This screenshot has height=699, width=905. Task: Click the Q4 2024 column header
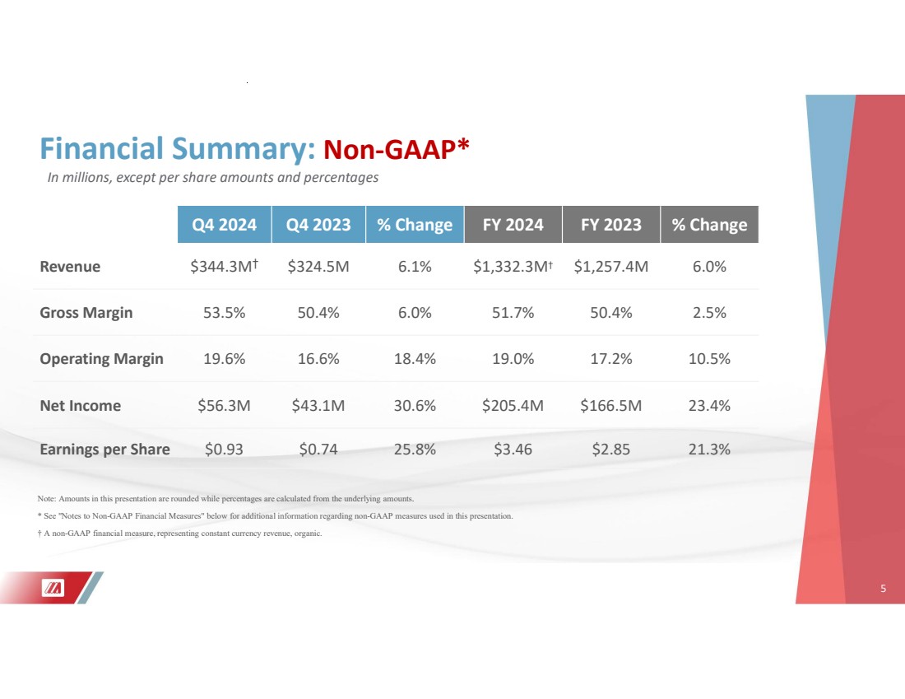click(x=225, y=225)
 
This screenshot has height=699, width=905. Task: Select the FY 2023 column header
click(x=610, y=225)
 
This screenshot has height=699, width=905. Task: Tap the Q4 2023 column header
click(x=318, y=225)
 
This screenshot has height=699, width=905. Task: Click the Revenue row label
click(x=70, y=267)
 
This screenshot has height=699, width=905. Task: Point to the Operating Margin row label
click(x=101, y=359)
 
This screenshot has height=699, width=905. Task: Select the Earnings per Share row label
click(x=104, y=450)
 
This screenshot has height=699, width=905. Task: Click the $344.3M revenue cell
click(x=223, y=267)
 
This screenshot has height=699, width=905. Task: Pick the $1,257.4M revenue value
click(x=610, y=267)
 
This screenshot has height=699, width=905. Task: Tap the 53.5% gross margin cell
click(x=223, y=313)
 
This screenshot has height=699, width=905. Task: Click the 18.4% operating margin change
click(x=415, y=359)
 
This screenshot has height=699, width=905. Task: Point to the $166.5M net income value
click(x=610, y=406)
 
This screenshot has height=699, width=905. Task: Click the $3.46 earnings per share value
click(x=513, y=450)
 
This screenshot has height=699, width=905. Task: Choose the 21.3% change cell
click(x=708, y=450)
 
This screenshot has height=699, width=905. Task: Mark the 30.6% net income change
click(x=415, y=406)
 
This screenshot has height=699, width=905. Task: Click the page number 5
click(x=883, y=589)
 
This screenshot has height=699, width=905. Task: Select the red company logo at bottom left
click(x=54, y=588)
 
